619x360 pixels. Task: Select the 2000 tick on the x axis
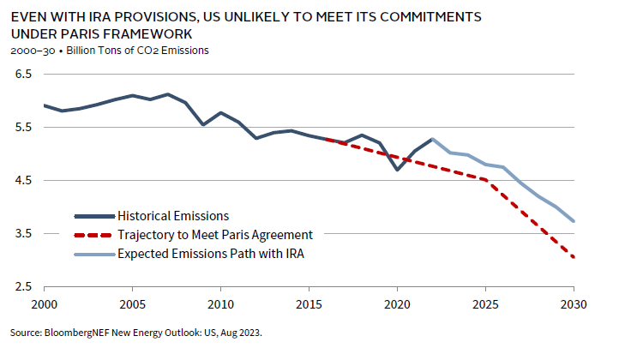point(44,304)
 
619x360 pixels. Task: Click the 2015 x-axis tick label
point(309,304)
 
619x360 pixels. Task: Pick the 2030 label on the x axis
point(574,304)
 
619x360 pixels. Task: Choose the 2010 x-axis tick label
point(220,304)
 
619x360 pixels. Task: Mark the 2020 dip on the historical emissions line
point(397,170)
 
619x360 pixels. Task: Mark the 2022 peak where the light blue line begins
point(432,139)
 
